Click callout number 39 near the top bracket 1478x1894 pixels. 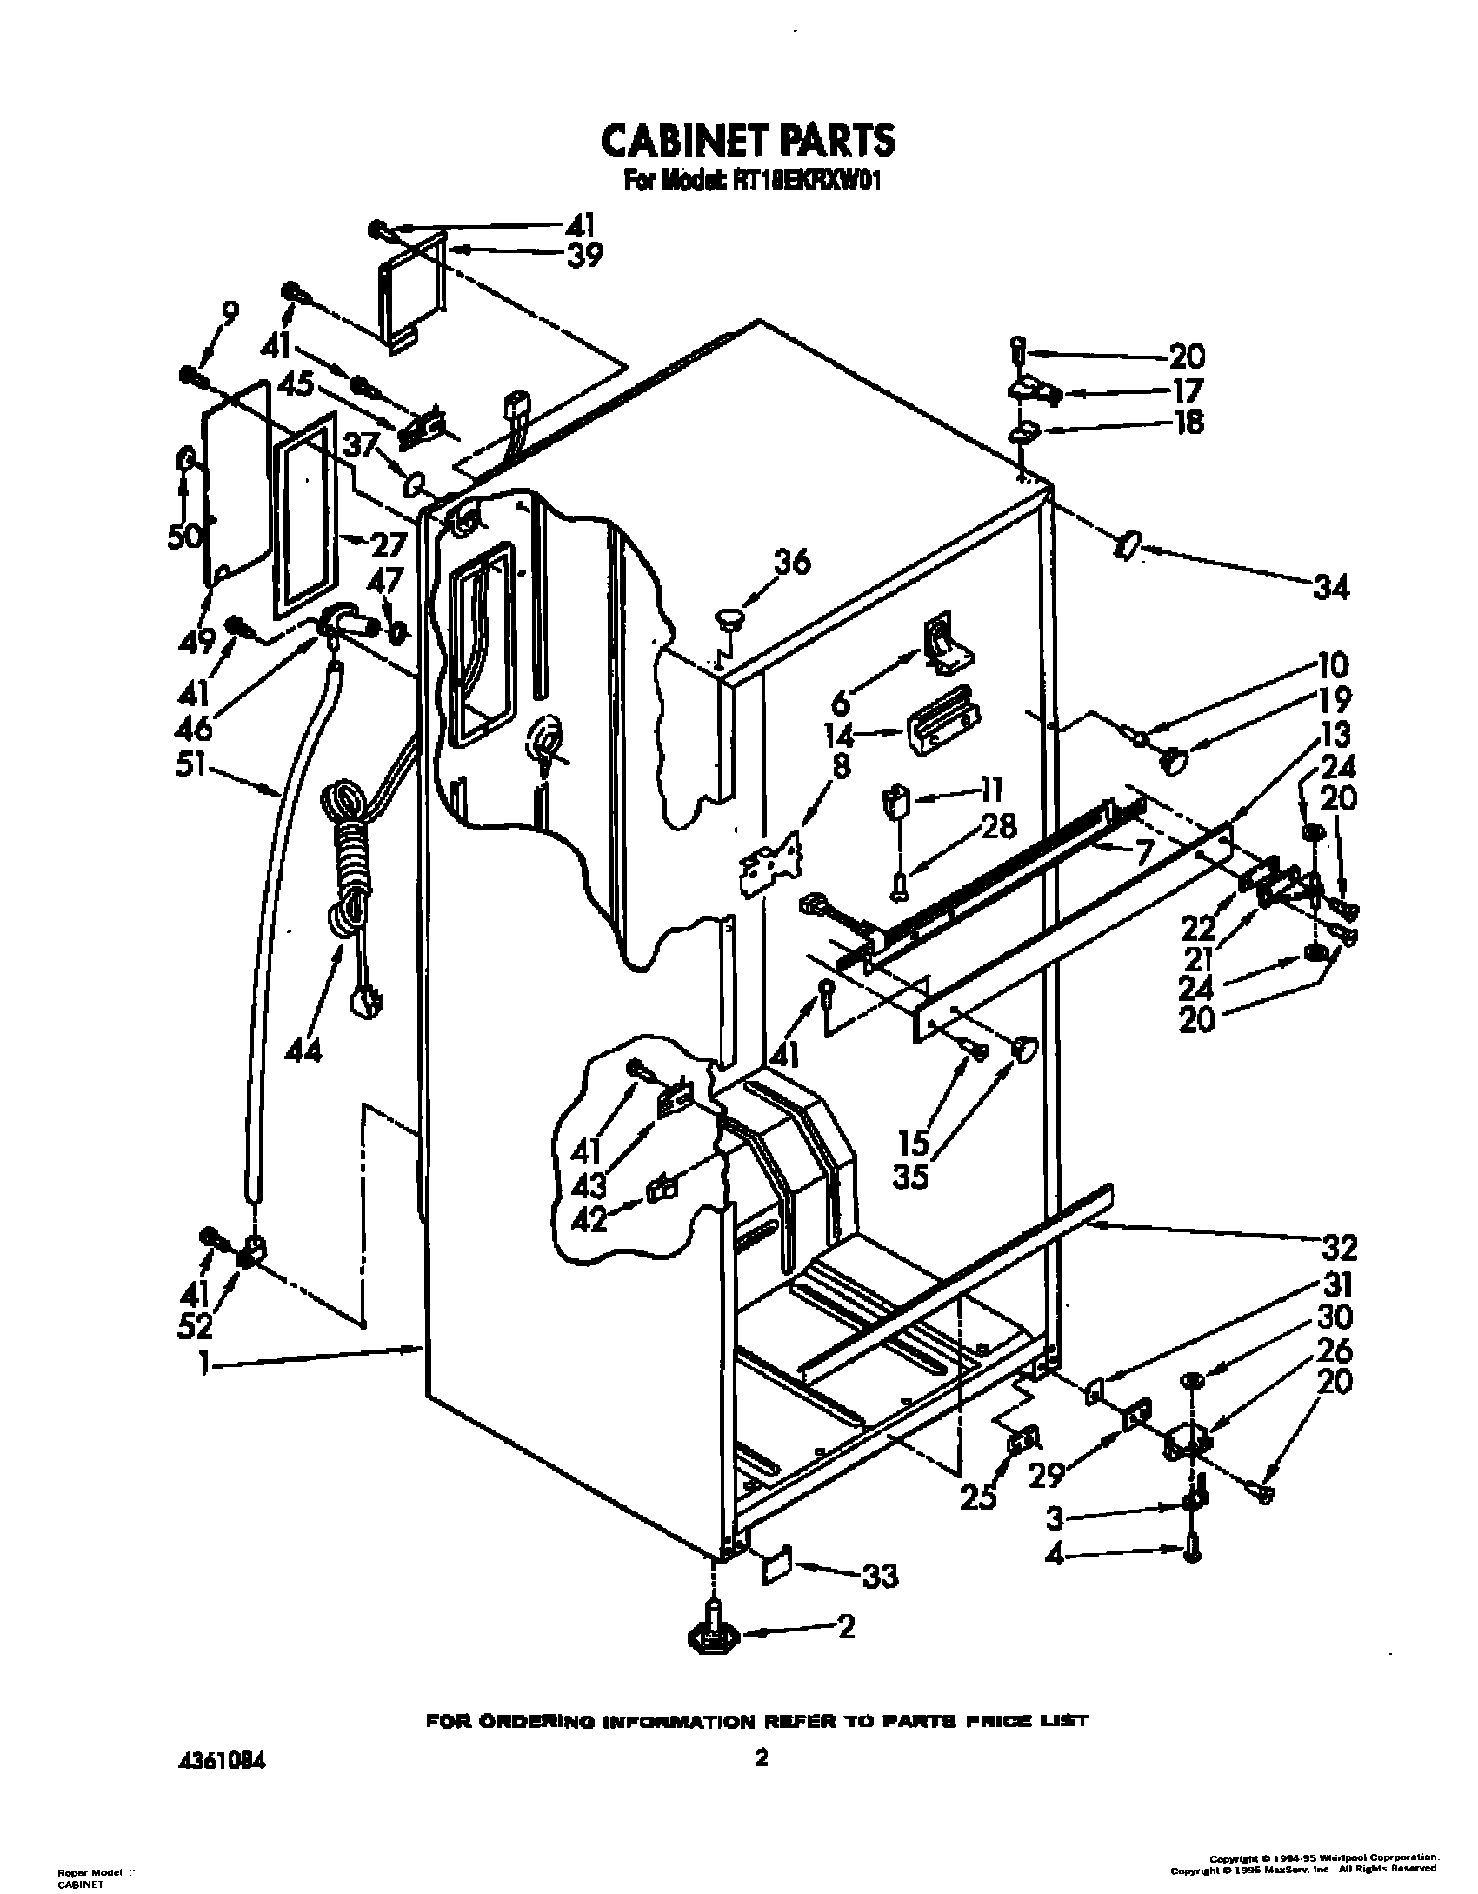(582, 256)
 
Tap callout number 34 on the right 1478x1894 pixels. (1330, 588)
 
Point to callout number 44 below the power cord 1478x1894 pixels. (303, 1050)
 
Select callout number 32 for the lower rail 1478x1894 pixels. (1338, 1248)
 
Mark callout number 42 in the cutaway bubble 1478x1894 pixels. (590, 1220)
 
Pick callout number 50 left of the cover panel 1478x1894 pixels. (185, 537)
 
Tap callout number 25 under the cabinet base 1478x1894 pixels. (977, 1497)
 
